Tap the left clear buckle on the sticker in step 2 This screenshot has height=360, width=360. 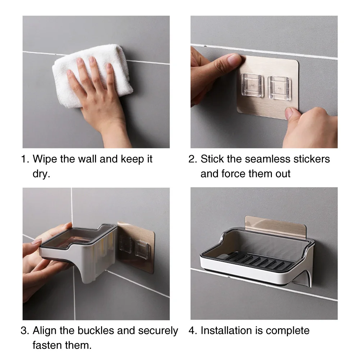coord(252,85)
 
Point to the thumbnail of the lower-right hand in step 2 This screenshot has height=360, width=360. coord(290,113)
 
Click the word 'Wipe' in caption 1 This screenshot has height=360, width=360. coord(45,159)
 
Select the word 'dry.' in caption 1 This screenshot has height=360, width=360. coord(41,174)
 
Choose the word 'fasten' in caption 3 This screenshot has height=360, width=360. coord(47,345)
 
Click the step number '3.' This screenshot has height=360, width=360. coord(25,331)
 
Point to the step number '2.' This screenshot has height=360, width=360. coord(193,159)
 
